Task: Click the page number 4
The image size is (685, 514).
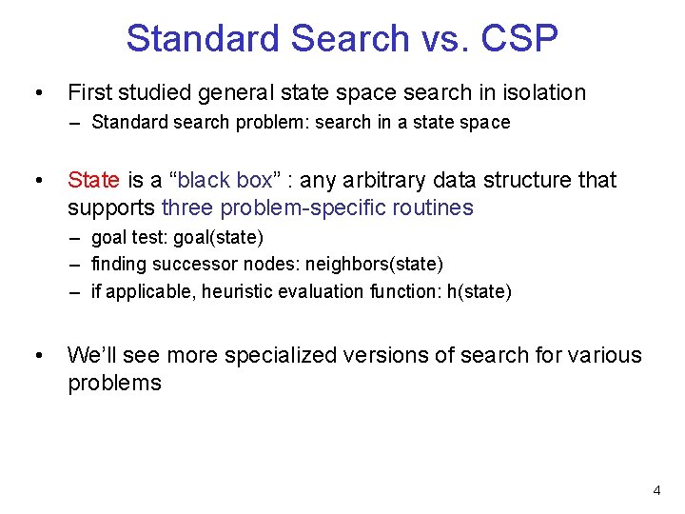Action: click(656, 490)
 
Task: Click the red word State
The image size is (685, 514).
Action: click(93, 180)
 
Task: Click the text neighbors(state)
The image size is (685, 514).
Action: click(374, 263)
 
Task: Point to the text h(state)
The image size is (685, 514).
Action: click(479, 291)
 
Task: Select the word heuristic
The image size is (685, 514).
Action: click(214, 291)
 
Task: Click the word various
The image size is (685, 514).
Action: click(605, 356)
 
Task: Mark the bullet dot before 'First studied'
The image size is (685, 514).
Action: click(37, 93)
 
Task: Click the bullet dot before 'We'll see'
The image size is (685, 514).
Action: click(37, 357)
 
